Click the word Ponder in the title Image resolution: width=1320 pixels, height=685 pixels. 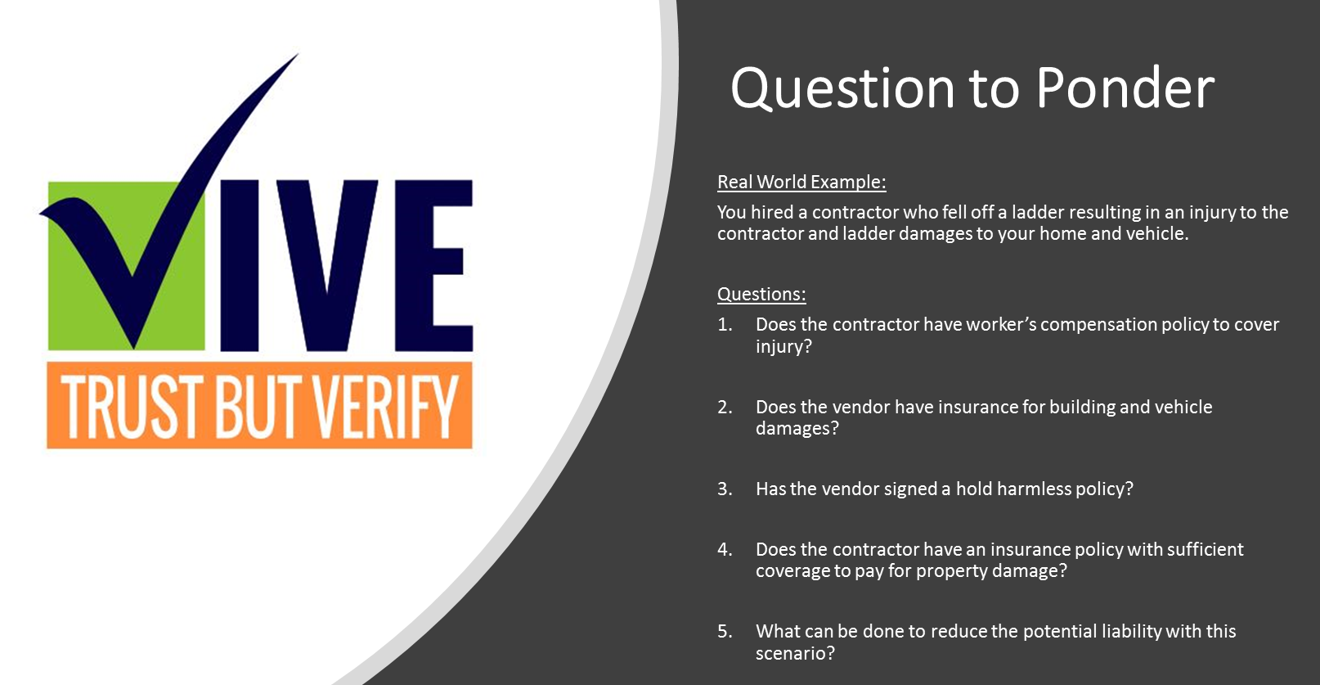tap(1125, 88)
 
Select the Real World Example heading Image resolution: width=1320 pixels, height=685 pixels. tap(801, 183)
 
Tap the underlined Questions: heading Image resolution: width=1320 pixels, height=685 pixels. tap(761, 294)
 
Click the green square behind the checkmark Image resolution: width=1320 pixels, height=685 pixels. tap(126, 266)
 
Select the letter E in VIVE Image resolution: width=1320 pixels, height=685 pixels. tap(433, 265)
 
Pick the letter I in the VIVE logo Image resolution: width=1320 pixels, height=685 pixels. tap(240, 265)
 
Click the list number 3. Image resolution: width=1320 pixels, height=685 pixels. tap(725, 489)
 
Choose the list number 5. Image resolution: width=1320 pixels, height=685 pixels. tap(725, 631)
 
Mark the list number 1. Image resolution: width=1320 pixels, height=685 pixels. tap(725, 324)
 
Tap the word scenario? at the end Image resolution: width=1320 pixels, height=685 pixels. tap(796, 653)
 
